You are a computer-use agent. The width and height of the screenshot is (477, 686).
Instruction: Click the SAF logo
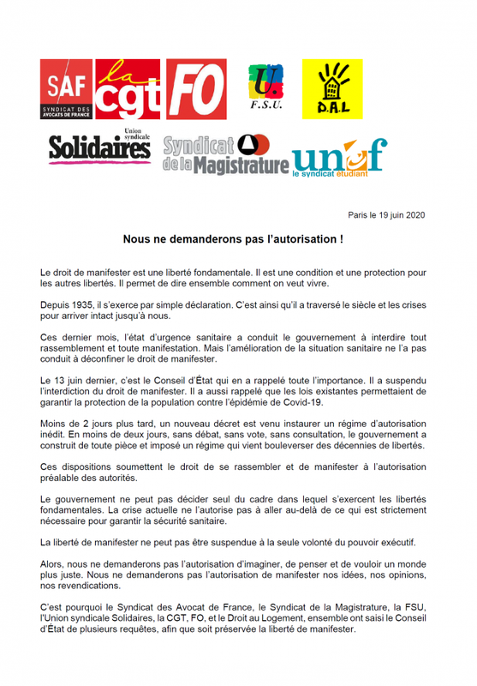coord(67,90)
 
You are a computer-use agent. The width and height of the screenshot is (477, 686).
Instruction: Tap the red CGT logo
coord(128,91)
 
